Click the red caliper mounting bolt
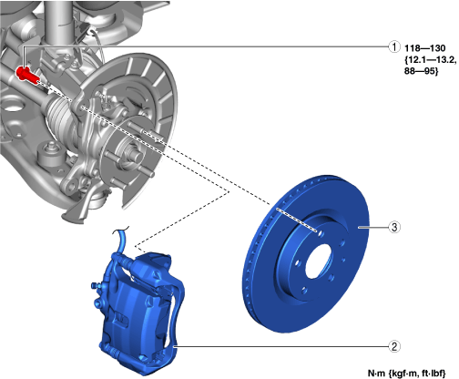click(27, 75)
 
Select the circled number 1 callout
click(394, 47)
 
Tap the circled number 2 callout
click(394, 346)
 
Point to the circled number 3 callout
click(394, 227)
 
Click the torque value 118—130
click(424, 48)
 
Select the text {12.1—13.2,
click(430, 60)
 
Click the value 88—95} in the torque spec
click(422, 71)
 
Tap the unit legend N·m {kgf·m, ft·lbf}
click(407, 373)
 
